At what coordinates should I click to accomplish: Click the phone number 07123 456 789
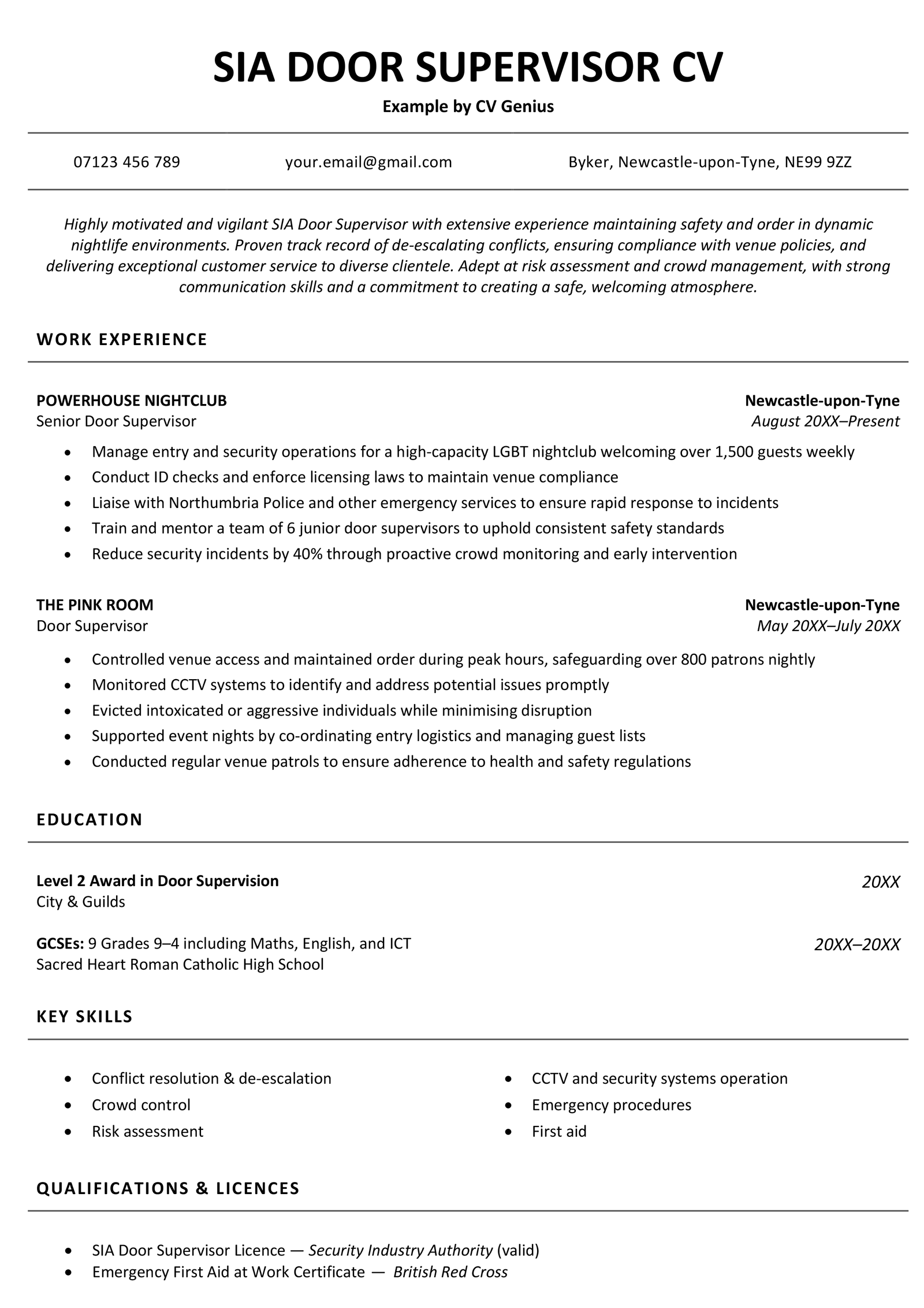(126, 162)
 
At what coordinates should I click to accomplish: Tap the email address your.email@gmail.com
(368, 162)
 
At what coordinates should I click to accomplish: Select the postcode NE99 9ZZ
(817, 162)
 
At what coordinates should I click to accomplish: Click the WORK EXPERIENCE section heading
(122, 339)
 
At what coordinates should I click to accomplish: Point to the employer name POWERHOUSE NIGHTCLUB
(132, 401)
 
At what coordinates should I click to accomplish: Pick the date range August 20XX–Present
(825, 421)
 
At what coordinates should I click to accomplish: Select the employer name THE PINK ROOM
(95, 605)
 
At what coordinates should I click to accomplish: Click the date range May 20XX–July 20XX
(828, 626)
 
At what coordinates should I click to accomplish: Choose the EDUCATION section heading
(90, 820)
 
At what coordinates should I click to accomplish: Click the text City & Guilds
(81, 902)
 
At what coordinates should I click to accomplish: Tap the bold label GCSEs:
(60, 944)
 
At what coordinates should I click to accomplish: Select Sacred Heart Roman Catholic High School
(180, 965)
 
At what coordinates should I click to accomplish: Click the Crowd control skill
(141, 1105)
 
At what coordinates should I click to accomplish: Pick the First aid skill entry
(558, 1131)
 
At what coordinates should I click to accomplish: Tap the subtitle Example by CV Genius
(468, 106)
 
